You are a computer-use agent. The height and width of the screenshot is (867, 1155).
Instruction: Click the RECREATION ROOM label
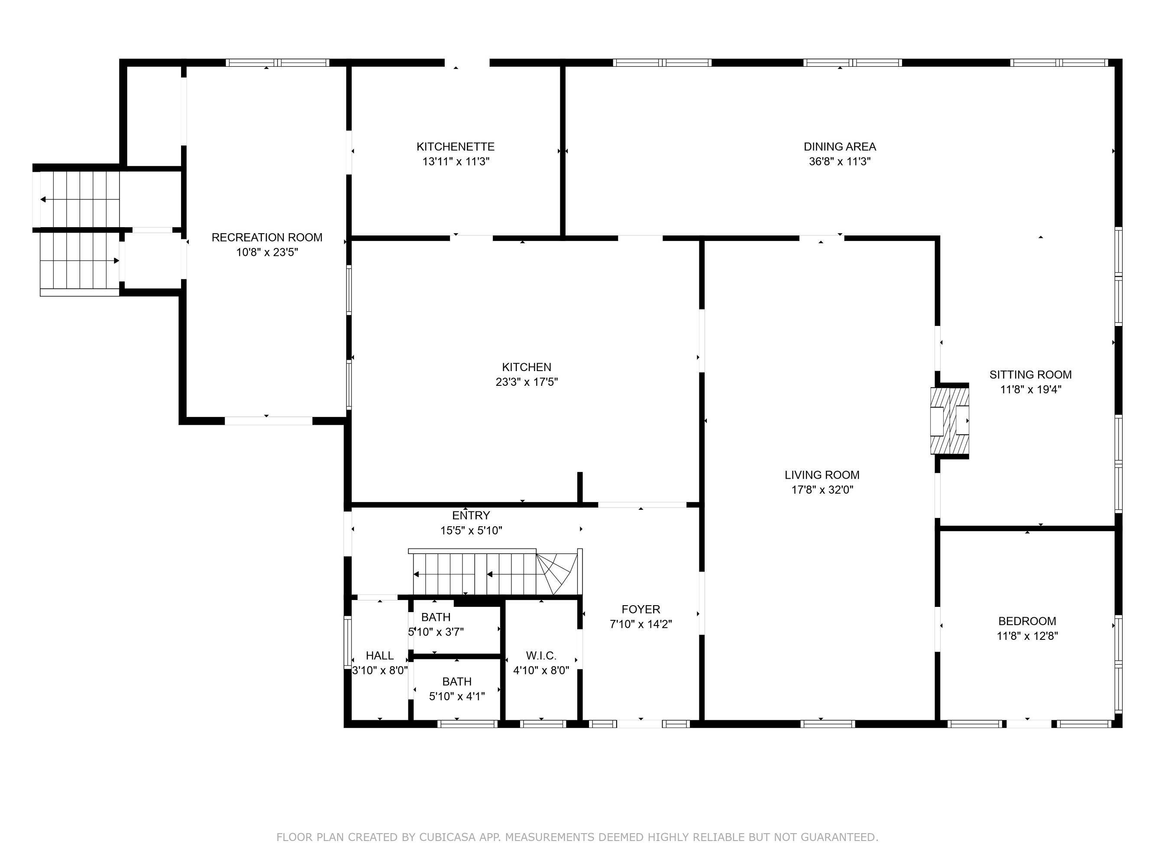(x=267, y=237)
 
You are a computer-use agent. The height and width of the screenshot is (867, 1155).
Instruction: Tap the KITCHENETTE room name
(x=455, y=147)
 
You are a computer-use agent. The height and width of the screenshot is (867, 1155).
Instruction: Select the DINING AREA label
(x=840, y=147)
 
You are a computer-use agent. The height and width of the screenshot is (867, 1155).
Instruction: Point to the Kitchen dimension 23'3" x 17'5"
(x=526, y=382)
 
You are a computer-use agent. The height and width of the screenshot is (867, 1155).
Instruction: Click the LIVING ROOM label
(x=822, y=475)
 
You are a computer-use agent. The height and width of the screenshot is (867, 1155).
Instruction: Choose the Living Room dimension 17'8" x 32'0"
(x=822, y=490)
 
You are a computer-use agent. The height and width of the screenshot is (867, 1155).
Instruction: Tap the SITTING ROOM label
(x=1030, y=375)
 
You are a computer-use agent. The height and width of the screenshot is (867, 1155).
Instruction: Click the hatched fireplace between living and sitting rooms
(x=950, y=420)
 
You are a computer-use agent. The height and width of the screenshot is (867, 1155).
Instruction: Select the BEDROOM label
(x=1027, y=621)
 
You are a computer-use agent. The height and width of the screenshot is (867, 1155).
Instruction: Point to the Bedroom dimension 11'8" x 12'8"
(x=1027, y=636)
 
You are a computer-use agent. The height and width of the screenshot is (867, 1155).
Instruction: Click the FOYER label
(x=641, y=610)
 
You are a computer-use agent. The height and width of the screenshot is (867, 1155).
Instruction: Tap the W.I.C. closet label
(x=541, y=655)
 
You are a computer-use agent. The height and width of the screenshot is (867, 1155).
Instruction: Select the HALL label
(x=380, y=655)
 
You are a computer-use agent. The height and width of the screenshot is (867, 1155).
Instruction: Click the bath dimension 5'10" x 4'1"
(x=457, y=696)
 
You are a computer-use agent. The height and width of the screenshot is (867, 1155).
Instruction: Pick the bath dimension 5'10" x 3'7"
(x=436, y=632)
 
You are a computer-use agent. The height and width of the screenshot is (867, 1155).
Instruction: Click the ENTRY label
(x=471, y=516)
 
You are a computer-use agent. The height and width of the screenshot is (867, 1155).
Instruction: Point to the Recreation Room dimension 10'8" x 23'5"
(x=267, y=252)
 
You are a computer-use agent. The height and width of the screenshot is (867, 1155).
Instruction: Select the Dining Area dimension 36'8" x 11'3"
(x=840, y=162)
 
